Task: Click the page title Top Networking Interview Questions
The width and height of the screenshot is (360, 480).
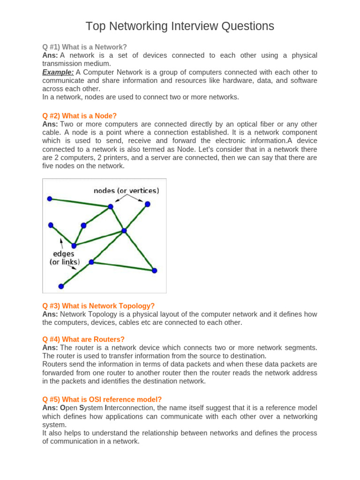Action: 180,26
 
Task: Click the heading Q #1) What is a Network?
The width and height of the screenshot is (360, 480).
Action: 84,47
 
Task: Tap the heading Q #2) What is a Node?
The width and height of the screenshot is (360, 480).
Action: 79,116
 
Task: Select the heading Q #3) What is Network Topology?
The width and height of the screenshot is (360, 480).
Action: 98,306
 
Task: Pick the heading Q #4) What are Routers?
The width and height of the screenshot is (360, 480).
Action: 84,339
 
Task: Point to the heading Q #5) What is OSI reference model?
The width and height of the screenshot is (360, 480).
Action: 102,399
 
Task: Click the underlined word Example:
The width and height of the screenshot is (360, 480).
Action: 58,72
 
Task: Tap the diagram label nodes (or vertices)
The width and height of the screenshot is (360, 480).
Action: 126,191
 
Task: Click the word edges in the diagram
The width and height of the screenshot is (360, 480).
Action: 63,254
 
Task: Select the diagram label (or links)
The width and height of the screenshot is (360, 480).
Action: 65,262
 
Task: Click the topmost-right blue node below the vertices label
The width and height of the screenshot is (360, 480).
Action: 148,204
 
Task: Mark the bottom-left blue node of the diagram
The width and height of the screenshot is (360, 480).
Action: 61,286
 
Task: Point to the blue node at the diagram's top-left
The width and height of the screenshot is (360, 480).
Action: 50,199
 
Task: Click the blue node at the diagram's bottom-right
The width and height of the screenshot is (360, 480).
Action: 154,270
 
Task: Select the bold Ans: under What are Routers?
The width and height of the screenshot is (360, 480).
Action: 50,347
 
